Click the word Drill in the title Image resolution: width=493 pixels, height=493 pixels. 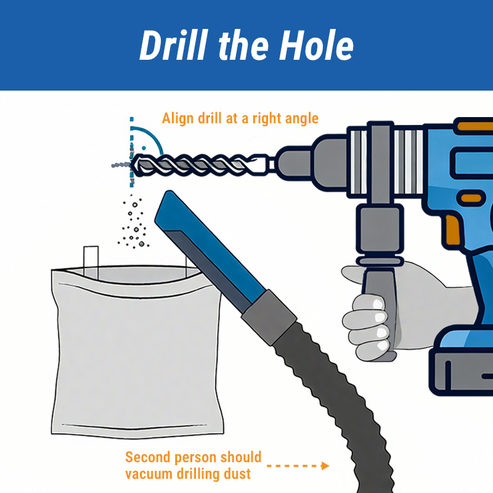(x=174, y=45)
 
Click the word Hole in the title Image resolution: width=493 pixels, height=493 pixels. (x=316, y=45)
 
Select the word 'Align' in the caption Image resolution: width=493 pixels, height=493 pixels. (x=177, y=118)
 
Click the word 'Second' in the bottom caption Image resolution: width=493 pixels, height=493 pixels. (x=148, y=457)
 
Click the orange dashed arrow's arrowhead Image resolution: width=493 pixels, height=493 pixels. (x=325, y=466)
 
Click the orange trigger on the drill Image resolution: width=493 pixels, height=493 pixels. (x=453, y=229)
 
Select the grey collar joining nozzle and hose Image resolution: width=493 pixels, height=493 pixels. (x=269, y=317)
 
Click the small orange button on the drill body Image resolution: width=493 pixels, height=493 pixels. (x=471, y=198)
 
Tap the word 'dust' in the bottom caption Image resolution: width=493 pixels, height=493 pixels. (x=237, y=474)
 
